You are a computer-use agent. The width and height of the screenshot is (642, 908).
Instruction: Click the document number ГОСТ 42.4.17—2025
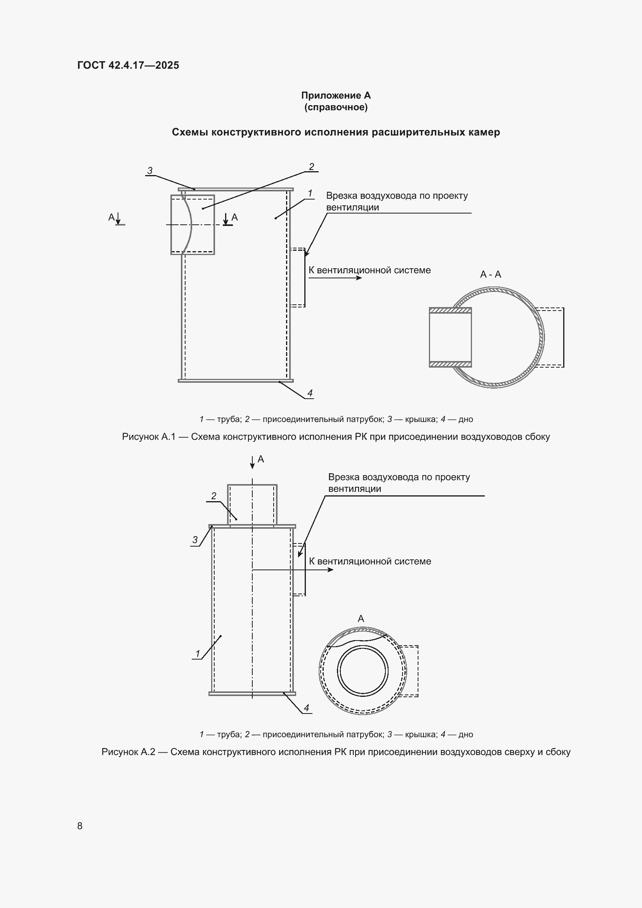pyautogui.click(x=128, y=65)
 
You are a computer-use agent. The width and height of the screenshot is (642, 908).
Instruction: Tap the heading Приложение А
pyautogui.click(x=336, y=95)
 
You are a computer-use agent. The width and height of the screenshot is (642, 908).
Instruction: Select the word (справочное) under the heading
pyautogui.click(x=336, y=108)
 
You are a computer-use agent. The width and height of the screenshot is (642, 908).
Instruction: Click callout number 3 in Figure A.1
pyautogui.click(x=150, y=171)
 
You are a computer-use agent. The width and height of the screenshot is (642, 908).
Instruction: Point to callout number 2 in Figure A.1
pyautogui.click(x=312, y=167)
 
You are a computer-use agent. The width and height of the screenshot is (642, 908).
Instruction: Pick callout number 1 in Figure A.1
pyautogui.click(x=310, y=193)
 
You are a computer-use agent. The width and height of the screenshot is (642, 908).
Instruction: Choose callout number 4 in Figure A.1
pyautogui.click(x=310, y=393)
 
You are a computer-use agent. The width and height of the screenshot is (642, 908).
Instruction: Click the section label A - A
pyautogui.click(x=490, y=274)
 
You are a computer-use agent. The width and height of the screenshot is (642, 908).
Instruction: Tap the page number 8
pyautogui.click(x=80, y=826)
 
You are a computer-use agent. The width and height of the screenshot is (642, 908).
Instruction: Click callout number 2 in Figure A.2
pyautogui.click(x=214, y=496)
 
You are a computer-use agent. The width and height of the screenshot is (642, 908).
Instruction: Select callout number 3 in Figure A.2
pyautogui.click(x=195, y=540)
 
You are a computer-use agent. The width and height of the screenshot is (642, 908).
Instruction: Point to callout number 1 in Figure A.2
pyautogui.click(x=198, y=654)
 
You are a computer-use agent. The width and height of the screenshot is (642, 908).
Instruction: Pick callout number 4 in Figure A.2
pyautogui.click(x=306, y=708)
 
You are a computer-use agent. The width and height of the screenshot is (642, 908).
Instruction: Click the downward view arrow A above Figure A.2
pyautogui.click(x=252, y=462)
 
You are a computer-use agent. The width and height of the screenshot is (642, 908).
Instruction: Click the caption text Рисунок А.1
pyautogui.click(x=149, y=437)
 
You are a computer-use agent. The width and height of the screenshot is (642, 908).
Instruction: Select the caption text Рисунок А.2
pyautogui.click(x=128, y=752)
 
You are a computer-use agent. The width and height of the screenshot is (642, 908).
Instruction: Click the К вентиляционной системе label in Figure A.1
pyautogui.click(x=370, y=270)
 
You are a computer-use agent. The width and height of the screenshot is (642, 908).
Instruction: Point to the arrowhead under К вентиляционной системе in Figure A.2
pyautogui.click(x=330, y=570)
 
